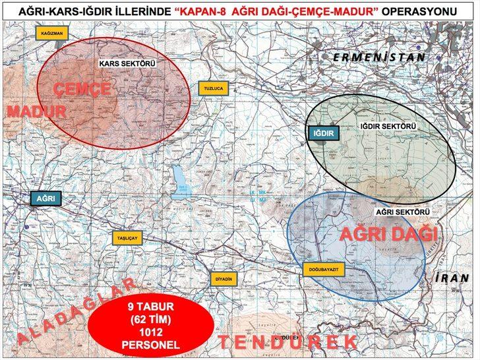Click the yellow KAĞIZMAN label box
pos(51,32)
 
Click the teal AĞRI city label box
pos(45,197)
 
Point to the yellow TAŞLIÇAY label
pos(126,239)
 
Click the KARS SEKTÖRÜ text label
pos(127,63)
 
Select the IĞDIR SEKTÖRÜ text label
pos(388,125)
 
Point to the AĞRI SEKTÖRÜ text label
pos(403,212)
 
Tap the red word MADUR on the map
pos(37,111)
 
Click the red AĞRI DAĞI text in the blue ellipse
pos(388,235)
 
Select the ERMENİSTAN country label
pos(378,57)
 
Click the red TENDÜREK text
pos(287,342)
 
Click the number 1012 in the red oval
pos(150,334)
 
